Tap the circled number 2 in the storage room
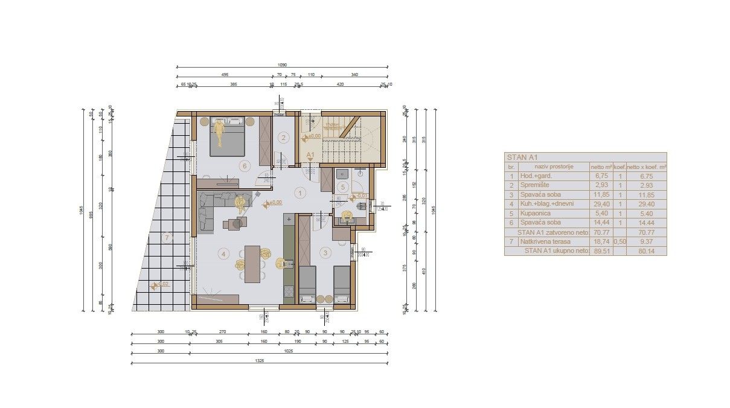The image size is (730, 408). tap(283, 137)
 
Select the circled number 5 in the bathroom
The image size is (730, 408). tap(342, 187)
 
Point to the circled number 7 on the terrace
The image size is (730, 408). tap(167, 237)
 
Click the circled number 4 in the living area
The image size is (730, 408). tap(223, 254)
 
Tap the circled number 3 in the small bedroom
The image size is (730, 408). tap(325, 253)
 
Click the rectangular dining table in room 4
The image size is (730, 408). tap(252, 264)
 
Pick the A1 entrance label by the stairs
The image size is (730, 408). tap(310, 155)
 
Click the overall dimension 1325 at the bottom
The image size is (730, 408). tap(260, 360)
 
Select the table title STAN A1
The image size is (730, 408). tap(521, 157)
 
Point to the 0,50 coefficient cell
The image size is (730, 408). tap(619, 241)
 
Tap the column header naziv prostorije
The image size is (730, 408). tap(552, 167)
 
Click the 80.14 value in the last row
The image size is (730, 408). tap(646, 250)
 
